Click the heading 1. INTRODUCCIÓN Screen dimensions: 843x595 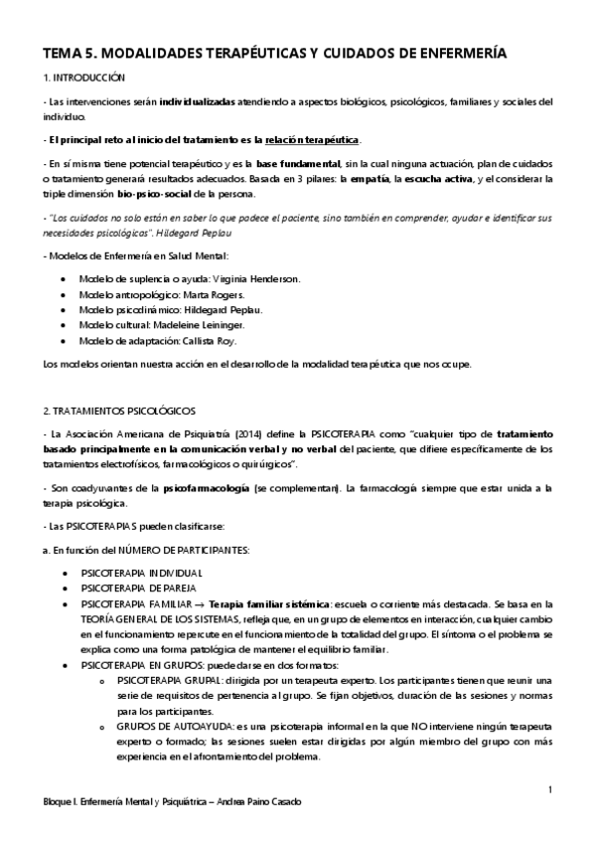pyautogui.click(x=85, y=77)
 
